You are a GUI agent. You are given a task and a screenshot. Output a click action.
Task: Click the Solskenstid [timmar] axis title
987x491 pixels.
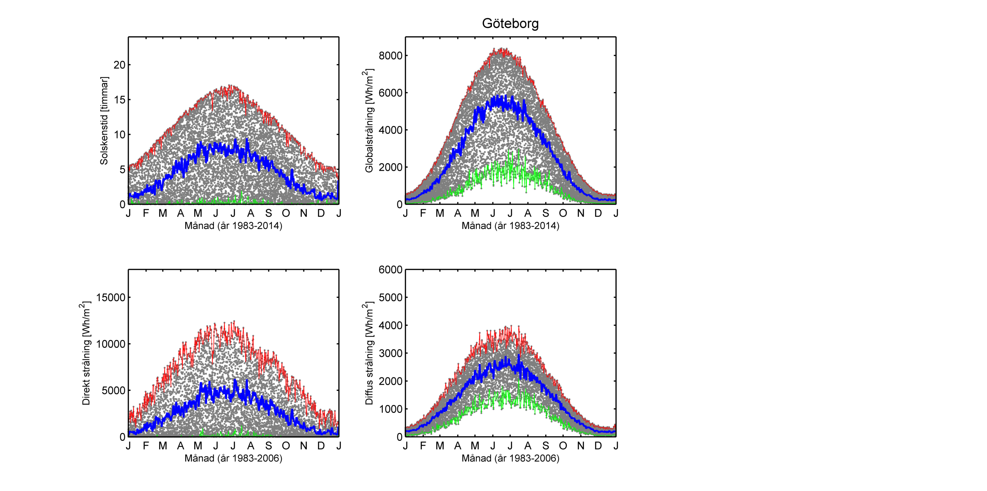click(x=104, y=121)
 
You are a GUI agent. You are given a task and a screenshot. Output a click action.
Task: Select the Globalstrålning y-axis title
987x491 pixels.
click(x=369, y=121)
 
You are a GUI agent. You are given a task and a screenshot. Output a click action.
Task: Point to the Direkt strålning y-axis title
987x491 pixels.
click(x=86, y=353)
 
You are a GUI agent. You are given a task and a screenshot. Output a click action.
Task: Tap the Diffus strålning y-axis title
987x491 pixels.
click(x=369, y=353)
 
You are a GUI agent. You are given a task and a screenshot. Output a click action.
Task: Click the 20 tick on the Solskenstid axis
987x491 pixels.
click(x=119, y=65)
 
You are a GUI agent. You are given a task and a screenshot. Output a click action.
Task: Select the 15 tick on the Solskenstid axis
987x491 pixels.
click(x=119, y=100)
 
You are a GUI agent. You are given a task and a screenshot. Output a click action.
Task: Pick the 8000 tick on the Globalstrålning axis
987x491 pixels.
click(x=391, y=55)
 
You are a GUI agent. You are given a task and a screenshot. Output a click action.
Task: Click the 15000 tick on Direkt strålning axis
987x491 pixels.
click(x=110, y=297)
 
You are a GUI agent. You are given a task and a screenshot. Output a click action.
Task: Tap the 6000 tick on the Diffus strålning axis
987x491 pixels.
click(x=391, y=270)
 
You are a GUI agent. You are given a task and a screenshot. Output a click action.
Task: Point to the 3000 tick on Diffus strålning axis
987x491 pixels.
click(x=391, y=353)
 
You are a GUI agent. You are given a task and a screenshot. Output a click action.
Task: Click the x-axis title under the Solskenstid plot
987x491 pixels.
click(x=234, y=226)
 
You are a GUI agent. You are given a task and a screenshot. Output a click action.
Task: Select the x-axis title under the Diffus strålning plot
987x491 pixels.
click(x=511, y=458)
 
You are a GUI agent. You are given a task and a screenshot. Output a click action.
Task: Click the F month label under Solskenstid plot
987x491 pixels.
click(x=146, y=213)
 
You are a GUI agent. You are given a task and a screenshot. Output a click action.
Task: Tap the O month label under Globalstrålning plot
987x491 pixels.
click(x=563, y=213)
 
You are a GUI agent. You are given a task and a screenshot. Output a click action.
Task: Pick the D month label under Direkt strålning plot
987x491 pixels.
click(x=321, y=446)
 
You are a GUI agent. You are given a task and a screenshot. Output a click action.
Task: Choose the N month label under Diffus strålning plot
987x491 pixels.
click(x=581, y=446)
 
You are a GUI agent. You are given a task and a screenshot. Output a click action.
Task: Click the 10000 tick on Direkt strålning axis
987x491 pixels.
click(x=110, y=344)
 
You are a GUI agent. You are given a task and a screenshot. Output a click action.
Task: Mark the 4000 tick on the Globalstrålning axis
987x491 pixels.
click(x=391, y=130)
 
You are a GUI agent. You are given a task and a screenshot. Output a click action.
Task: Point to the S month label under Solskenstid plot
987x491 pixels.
click(x=269, y=213)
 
